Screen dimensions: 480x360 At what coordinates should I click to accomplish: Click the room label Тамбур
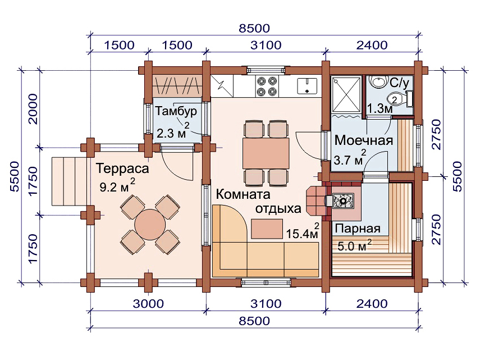[176, 112]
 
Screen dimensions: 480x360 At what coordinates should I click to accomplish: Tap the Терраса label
[122, 168]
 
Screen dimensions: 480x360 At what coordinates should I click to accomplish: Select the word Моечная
[364, 140]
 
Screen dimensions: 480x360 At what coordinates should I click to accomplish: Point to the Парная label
[358, 229]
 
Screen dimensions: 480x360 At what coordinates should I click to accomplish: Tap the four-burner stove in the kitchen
[267, 86]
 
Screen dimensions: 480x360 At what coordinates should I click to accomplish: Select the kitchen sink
[307, 86]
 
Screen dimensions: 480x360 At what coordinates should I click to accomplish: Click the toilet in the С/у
[400, 99]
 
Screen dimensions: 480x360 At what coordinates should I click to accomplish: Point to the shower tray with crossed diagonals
[346, 94]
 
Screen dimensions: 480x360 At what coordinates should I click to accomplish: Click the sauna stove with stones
[343, 201]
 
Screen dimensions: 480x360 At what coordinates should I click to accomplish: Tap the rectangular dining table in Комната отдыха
[266, 153]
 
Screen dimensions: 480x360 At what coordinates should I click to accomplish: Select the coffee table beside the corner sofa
[267, 229]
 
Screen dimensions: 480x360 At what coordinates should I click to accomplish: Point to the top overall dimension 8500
[254, 29]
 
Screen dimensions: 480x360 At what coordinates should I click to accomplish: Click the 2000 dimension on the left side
[32, 109]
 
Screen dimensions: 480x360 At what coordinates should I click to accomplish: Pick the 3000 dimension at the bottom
[148, 304]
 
